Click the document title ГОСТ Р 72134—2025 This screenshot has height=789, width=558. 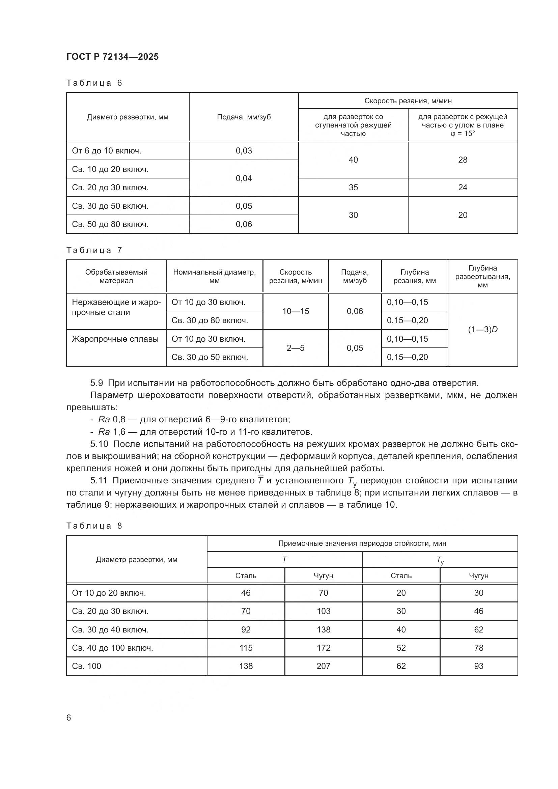[112, 57]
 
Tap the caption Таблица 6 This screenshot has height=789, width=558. [94, 83]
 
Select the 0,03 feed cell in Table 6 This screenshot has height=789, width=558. [244, 150]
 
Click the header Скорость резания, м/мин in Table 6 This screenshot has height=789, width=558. [408, 101]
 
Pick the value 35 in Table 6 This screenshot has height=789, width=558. [353, 187]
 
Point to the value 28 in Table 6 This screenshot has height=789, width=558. [463, 160]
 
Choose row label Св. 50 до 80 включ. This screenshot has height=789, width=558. [110, 224]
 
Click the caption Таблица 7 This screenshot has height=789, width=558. [94, 250]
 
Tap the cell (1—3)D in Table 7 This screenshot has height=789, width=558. [482, 330]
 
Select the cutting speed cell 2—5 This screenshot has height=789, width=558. [296, 348]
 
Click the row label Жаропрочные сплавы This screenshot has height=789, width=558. [115, 339]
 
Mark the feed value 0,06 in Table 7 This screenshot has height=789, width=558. [355, 311]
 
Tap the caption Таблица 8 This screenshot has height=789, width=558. [94, 526]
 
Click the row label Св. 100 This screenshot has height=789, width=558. [87, 666]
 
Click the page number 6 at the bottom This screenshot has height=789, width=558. [69, 717]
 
